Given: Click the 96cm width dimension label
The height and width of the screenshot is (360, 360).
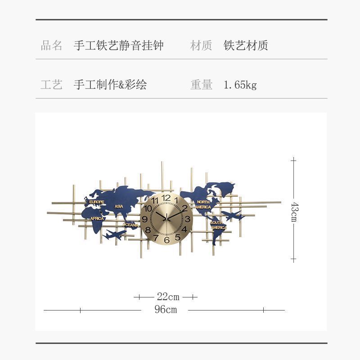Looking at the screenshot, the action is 165,310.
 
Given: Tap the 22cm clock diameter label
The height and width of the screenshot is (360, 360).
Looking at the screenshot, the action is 168,297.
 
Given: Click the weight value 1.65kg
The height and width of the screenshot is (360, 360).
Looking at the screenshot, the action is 240,85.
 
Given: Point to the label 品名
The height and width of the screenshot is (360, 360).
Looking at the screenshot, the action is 52,45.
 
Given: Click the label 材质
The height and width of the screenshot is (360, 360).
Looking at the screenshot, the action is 201,45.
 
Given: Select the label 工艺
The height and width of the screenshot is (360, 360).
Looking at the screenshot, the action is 52,85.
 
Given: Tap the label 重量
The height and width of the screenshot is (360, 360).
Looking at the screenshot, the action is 201,85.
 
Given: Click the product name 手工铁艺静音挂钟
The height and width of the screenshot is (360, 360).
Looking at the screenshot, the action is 118,45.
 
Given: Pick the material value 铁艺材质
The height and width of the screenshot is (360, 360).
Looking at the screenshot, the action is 246,45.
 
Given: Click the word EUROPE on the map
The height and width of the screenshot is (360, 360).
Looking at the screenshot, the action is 97,202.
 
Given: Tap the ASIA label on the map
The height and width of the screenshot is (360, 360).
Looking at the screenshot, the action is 119,207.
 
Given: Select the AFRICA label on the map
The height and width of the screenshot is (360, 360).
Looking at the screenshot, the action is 97,219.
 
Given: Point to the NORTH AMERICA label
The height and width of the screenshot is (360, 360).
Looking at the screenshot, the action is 204,205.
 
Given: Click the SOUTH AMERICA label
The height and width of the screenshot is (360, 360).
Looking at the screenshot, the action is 218,225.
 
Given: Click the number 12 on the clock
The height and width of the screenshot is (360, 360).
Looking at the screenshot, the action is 166,198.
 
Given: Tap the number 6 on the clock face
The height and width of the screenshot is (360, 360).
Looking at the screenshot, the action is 167,240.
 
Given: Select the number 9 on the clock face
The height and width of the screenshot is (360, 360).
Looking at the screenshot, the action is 145,219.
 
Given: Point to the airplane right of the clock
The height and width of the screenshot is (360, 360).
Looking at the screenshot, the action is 233,216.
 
